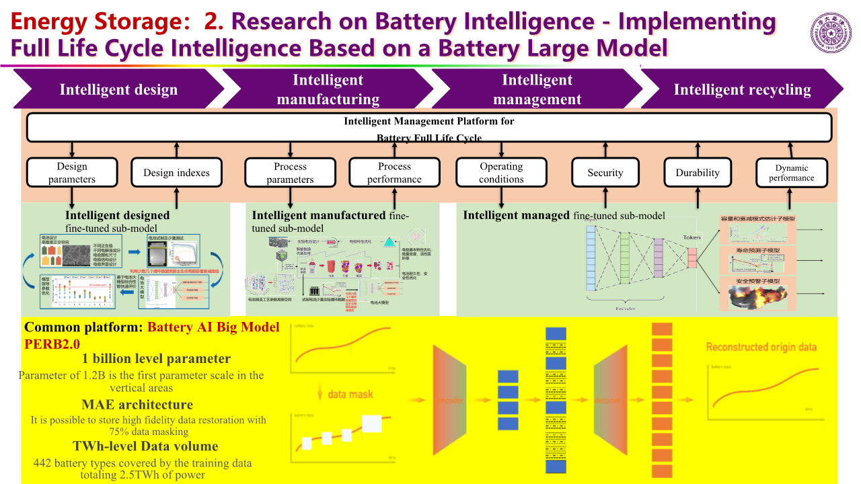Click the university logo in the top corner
833,32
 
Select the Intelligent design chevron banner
118,89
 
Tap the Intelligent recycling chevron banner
742,89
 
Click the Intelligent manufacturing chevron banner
328,89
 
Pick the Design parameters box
72,173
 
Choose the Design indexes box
176,173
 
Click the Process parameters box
290,173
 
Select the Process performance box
394,173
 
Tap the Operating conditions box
501,173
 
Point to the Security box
605,173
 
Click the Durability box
698,173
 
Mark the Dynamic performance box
792,173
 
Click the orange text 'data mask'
350,394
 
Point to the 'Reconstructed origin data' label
761,347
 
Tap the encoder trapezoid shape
450,400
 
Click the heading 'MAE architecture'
137,405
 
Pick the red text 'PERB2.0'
52,343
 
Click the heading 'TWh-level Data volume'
145,446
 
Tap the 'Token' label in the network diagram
691,237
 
